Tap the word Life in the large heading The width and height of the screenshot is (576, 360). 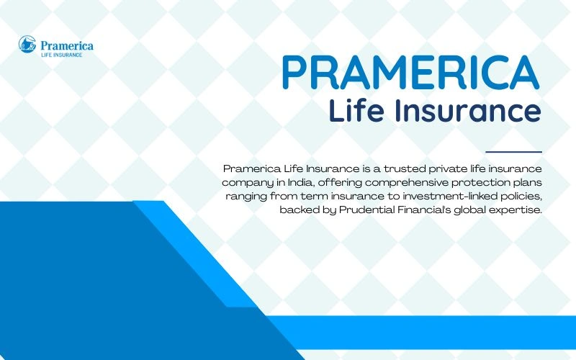[x=354, y=112]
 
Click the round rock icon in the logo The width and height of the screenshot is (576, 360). [x=27, y=45]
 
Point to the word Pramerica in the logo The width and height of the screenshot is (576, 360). [x=65, y=45]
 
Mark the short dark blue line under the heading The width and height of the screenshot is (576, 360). [x=513, y=152]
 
